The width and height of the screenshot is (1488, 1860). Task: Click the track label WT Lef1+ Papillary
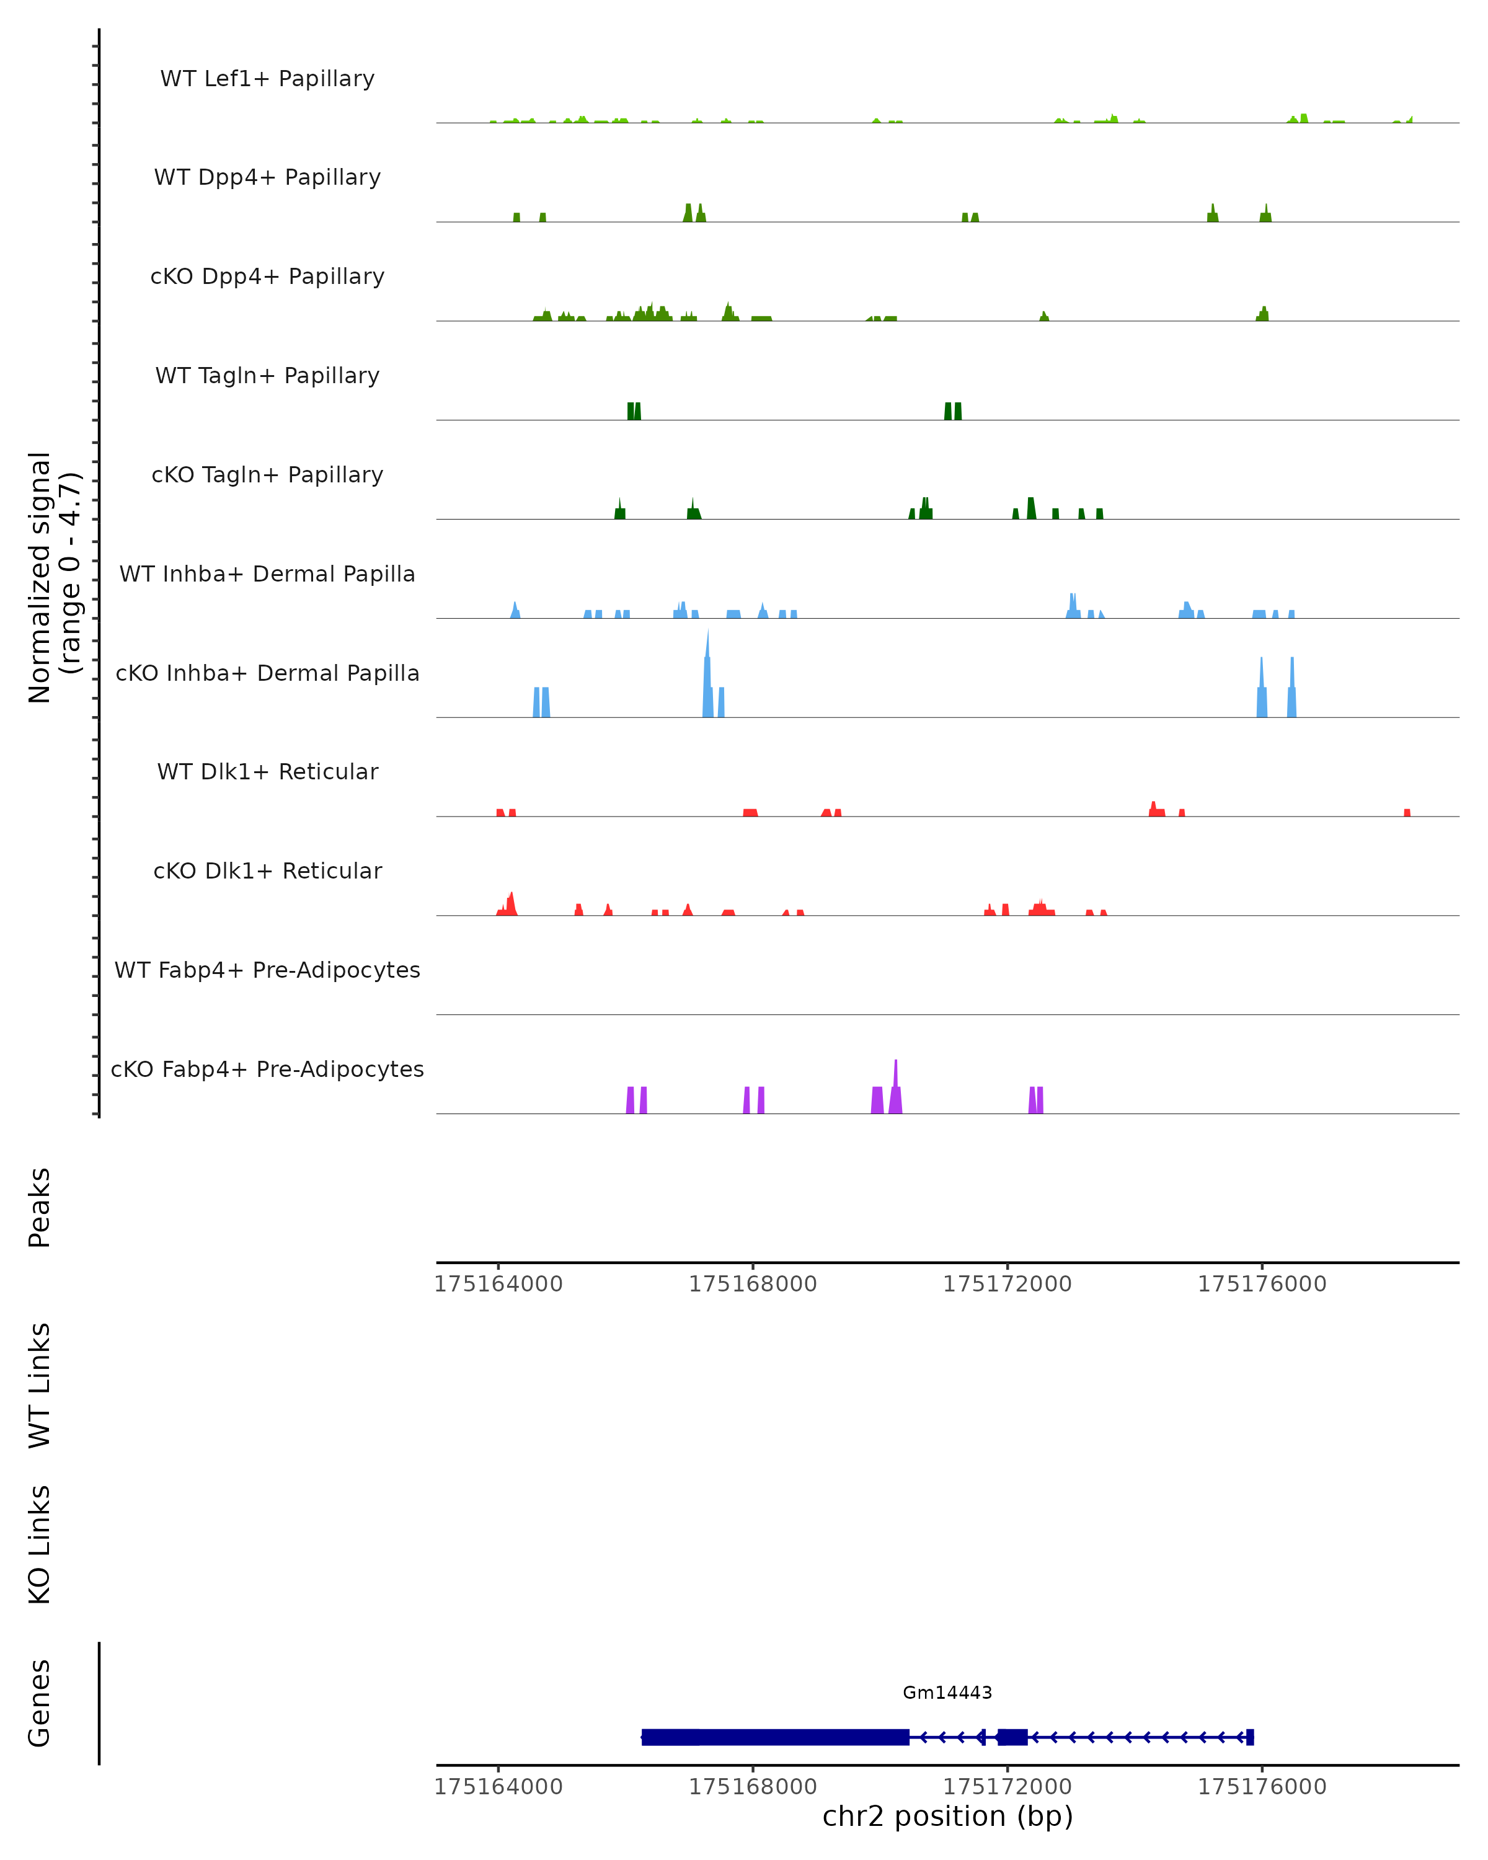(267, 79)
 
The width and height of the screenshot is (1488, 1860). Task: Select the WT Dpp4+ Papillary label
(267, 178)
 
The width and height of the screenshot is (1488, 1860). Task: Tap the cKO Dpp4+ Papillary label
(267, 277)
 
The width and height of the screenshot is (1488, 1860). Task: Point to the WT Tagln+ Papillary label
(267, 376)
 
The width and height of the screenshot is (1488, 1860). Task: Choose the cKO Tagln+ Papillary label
(267, 476)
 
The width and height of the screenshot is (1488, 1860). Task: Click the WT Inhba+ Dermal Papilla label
(267, 575)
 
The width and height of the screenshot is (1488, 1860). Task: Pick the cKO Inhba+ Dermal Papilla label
(267, 674)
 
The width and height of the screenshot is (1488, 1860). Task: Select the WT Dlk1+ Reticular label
(267, 772)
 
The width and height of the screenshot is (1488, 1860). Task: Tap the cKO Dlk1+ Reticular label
(267, 871)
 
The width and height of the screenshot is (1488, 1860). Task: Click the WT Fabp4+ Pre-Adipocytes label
(267, 970)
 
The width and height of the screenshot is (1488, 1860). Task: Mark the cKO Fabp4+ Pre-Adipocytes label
(267, 1069)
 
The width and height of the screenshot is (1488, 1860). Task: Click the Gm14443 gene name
(947, 1693)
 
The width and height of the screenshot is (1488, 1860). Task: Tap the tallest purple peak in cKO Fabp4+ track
(895, 1078)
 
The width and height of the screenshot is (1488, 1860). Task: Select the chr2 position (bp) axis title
(947, 1816)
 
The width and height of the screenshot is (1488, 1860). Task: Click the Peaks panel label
(40, 1207)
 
